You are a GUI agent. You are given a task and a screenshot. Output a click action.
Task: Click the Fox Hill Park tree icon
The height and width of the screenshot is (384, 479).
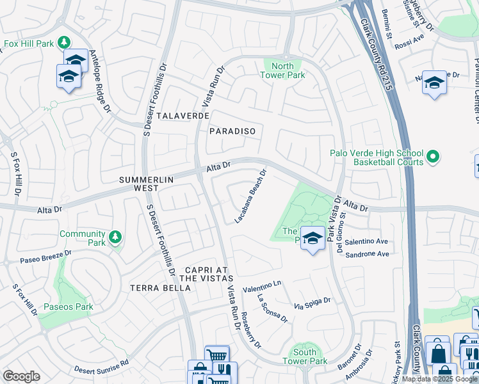tap(63, 43)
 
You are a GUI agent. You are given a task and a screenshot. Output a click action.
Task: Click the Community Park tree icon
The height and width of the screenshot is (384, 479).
tap(115, 238)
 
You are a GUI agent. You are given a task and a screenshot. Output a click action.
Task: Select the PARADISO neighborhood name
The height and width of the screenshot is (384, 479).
tap(232, 131)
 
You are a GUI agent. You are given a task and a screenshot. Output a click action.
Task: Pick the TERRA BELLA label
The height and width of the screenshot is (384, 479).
tap(160, 288)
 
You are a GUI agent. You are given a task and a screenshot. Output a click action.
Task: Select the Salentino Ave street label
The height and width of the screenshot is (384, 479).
tap(367, 242)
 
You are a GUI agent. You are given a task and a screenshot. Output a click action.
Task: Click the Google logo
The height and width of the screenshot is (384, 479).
tap(21, 376)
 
